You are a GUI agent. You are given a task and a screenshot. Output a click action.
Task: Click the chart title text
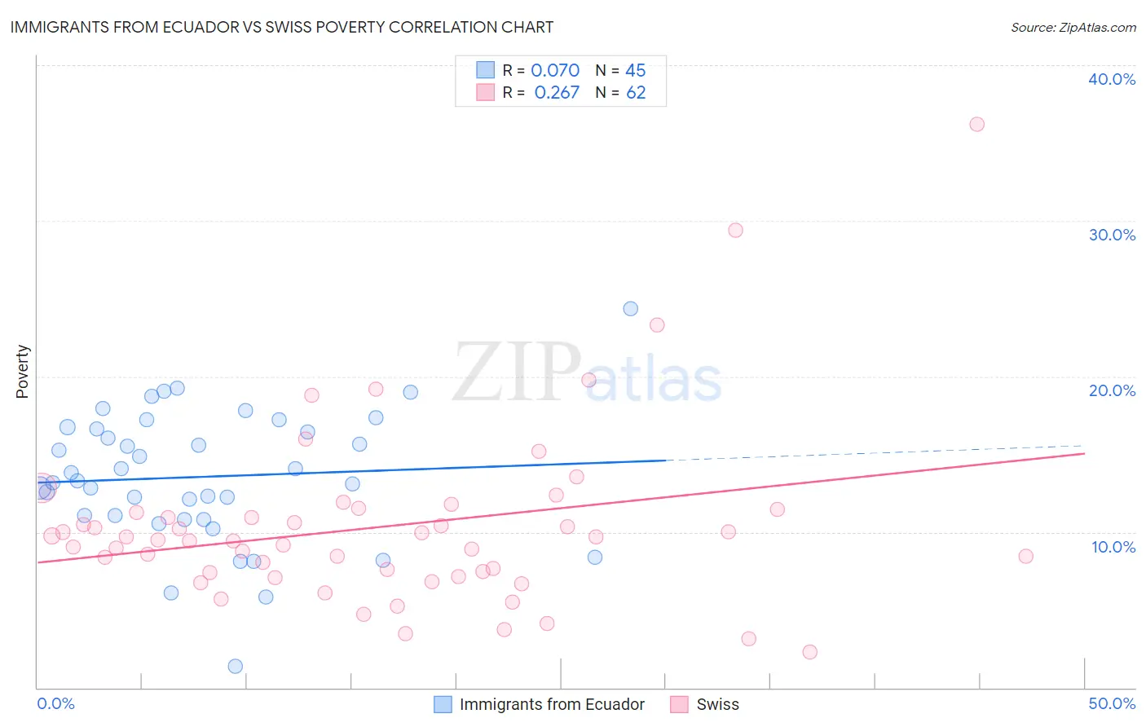coord(282,27)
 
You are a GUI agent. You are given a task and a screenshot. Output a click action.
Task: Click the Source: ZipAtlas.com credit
coord(1073,27)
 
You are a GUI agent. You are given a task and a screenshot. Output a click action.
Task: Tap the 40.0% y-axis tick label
coord(1111,79)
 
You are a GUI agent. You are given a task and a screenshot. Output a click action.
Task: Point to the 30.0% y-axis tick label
coord(1111,235)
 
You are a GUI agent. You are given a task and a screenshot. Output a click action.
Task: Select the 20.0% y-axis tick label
coord(1111,390)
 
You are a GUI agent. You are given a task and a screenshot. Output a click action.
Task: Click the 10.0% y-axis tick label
coord(1113,547)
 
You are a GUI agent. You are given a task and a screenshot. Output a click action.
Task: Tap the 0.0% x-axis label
coord(55,703)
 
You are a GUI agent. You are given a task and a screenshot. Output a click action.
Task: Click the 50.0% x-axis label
coord(1111,703)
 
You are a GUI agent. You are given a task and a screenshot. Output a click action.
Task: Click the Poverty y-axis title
coord(22,372)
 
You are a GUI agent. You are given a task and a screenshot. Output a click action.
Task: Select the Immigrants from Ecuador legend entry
coord(551,704)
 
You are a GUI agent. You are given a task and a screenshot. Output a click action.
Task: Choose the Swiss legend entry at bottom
coord(716,704)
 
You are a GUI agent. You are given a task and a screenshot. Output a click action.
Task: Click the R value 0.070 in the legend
coord(555,70)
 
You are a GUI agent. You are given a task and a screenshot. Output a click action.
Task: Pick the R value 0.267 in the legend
coord(557,93)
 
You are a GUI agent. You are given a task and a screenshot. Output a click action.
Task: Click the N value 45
coord(635,70)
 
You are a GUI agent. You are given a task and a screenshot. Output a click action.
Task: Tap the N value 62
coord(636,93)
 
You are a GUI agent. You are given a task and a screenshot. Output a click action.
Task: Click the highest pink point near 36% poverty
coord(976,124)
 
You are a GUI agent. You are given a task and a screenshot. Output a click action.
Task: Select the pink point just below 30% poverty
coord(735,230)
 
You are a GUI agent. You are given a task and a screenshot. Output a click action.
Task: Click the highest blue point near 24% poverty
coord(630,308)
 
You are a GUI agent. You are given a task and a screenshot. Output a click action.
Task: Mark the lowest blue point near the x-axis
coord(236,666)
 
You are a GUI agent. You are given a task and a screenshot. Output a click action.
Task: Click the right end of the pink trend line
coord(1084,453)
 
